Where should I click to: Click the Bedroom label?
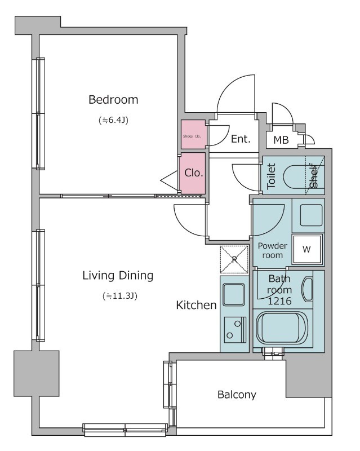coord(113,100)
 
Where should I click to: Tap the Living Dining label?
coord(118,276)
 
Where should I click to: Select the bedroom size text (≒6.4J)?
coord(113,120)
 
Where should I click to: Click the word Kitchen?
coord(197,306)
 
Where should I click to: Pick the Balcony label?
coord(237,395)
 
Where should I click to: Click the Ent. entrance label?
coord(241,139)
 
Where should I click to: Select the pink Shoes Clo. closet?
coord(192,135)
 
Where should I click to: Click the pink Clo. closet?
coord(193,173)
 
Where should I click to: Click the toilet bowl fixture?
coord(296,177)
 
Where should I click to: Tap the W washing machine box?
coord(307,249)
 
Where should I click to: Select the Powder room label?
coord(272,250)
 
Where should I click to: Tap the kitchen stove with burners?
coord(233,329)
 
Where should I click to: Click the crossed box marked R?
coord(233,259)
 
